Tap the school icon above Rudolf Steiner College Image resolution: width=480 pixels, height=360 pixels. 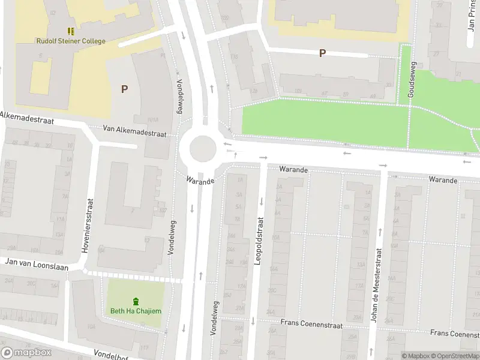(x=70, y=31)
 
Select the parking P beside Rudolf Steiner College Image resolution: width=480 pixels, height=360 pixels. (x=124, y=89)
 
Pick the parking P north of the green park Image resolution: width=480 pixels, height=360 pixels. (x=322, y=53)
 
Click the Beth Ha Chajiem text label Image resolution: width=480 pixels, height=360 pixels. (x=136, y=311)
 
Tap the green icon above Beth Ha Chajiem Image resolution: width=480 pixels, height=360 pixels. (x=136, y=301)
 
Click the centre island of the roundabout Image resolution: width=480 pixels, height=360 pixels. (x=202, y=148)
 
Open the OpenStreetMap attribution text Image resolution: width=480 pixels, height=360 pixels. (x=455, y=356)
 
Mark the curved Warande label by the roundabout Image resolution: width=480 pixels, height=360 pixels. (x=200, y=179)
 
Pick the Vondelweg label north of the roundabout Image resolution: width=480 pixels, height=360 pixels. (x=179, y=97)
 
